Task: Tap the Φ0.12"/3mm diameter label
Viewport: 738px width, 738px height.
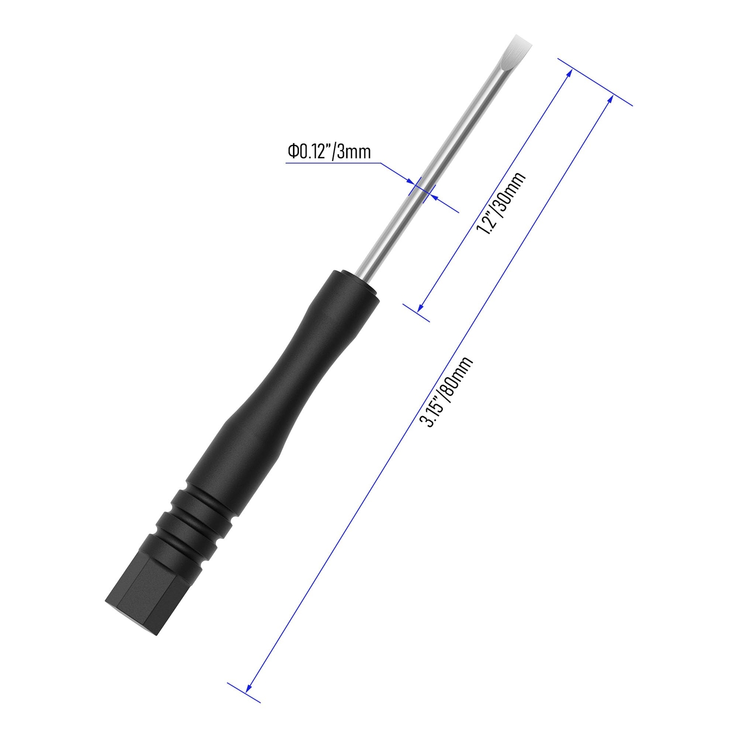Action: (329, 151)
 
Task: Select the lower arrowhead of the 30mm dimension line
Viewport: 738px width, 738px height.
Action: (421, 307)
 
